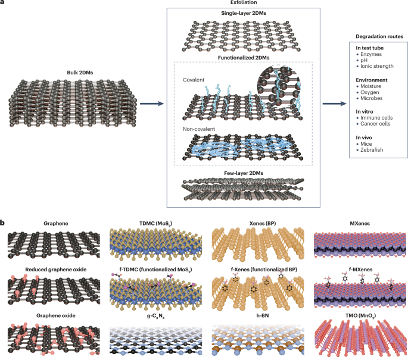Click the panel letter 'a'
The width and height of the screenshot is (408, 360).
point(3,3)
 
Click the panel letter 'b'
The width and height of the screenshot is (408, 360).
point(4,223)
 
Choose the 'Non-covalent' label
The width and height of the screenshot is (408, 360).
point(199,129)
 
